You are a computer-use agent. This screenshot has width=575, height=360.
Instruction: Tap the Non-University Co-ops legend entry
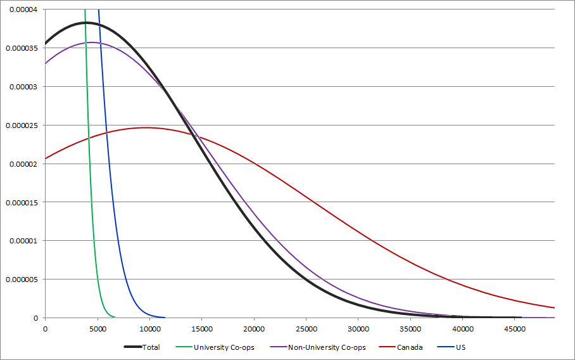(327, 347)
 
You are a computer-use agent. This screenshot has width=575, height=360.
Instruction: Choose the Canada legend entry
(410, 347)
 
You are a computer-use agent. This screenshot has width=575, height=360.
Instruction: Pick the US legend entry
(461, 347)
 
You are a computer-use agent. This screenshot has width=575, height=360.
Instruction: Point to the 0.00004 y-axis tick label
(23, 10)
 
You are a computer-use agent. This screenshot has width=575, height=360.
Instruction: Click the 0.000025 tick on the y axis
(21, 125)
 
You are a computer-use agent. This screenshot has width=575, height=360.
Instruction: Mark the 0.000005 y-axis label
(21, 280)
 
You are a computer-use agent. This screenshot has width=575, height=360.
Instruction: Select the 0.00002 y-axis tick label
(23, 164)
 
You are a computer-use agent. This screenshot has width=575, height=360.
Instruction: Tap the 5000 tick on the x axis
(97, 328)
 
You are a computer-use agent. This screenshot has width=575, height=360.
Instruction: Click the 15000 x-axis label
(201, 328)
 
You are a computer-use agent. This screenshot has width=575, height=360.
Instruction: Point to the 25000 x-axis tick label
(306, 328)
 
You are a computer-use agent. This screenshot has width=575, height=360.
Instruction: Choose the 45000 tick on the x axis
(514, 328)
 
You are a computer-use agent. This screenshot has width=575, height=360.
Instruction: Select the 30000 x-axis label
(358, 328)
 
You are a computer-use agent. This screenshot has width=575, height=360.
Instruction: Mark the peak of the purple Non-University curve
(92, 42)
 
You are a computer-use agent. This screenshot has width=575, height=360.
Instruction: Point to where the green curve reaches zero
(114, 317)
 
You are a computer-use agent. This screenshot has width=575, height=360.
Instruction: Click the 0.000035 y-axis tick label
(21, 48)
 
